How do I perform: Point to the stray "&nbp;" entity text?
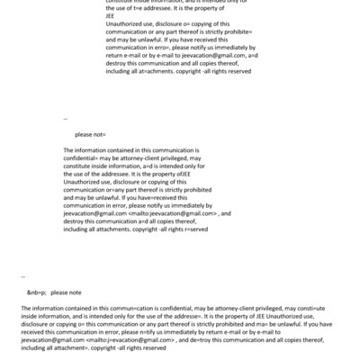36,292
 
